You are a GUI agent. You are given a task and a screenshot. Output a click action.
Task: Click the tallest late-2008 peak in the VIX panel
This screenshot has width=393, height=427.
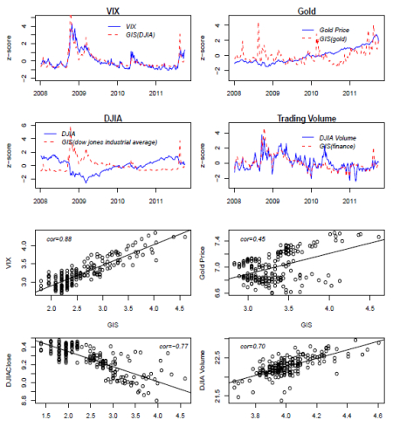point(71,17)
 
